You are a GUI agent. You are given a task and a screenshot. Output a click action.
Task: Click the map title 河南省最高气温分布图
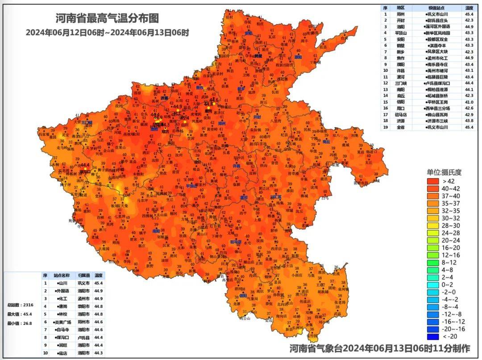[x=107, y=19]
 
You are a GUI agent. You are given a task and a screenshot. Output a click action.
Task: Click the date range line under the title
[x=107, y=32]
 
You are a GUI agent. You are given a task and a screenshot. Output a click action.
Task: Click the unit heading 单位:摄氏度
[x=444, y=172]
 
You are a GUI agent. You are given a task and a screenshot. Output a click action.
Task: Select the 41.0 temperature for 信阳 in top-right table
[x=469, y=102]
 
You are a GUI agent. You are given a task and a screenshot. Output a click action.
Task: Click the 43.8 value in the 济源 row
[x=469, y=121]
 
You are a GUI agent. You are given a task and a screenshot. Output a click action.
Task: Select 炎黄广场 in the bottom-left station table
[x=62, y=322]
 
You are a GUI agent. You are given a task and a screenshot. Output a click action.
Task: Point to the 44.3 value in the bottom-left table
[x=98, y=353]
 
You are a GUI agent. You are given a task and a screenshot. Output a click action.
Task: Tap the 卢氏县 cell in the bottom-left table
[x=84, y=338]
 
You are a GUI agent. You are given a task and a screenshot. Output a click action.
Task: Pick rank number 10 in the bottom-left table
[x=45, y=353]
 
